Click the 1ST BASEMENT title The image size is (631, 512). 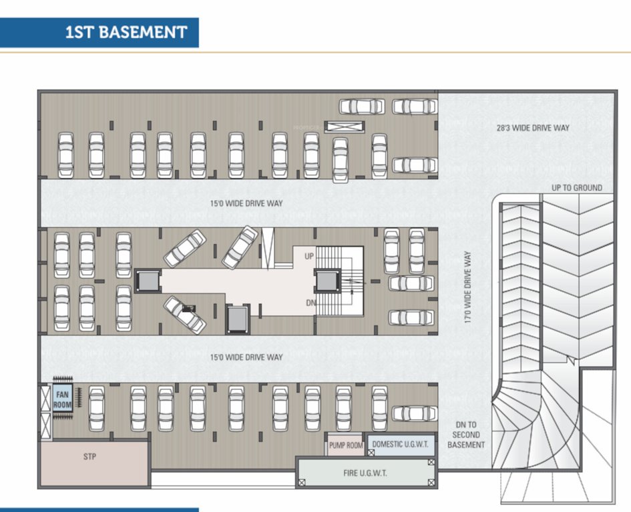click(x=126, y=32)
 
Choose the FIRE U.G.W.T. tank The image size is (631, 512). click(x=364, y=473)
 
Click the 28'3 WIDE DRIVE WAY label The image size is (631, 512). click(x=533, y=127)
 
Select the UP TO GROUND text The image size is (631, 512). click(x=576, y=188)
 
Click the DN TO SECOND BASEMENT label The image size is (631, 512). click(x=467, y=435)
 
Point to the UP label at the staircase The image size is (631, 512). click(x=309, y=256)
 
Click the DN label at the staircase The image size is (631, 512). click(x=309, y=302)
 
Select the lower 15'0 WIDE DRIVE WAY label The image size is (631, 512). click(x=246, y=357)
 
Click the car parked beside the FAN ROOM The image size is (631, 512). click(x=97, y=408)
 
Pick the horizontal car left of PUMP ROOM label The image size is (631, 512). click(x=414, y=413)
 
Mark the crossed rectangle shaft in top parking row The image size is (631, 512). click(x=345, y=126)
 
